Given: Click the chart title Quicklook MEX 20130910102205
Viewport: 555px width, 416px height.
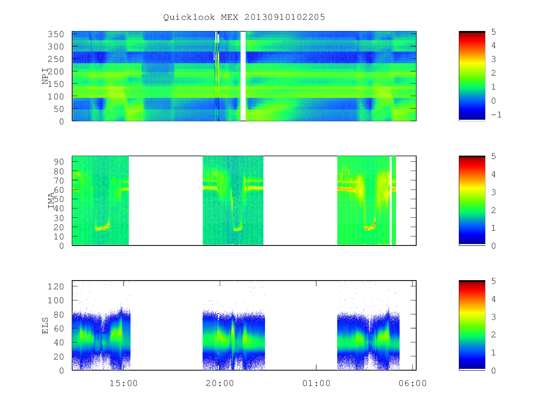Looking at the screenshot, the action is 244,17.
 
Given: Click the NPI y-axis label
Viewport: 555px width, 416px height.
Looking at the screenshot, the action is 45,76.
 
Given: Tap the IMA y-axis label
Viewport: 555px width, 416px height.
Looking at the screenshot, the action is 51,200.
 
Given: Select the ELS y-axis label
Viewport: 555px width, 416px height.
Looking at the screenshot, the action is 45,325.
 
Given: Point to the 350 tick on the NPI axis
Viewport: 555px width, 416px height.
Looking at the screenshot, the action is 56,34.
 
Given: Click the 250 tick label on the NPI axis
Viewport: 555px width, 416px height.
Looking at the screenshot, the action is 56,59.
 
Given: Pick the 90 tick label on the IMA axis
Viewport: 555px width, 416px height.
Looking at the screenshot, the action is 59,162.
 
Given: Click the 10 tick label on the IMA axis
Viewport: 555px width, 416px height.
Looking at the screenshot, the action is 59,237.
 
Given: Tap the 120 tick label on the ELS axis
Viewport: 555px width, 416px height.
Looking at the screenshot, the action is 56,287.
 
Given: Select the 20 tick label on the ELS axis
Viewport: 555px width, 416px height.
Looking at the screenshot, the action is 59,357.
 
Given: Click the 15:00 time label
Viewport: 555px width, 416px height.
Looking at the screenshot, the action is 123,383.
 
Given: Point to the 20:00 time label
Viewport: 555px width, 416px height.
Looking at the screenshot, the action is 220,383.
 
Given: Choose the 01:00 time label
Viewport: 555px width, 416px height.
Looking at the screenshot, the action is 316,383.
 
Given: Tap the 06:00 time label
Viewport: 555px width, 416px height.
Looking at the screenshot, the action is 413,383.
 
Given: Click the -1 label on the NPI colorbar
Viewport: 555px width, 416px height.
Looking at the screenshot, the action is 496,115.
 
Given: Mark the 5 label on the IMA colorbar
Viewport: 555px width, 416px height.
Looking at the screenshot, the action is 493,156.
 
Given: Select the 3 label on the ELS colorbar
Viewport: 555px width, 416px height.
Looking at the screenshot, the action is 493,317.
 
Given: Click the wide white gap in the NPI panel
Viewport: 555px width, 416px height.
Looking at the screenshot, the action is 243,76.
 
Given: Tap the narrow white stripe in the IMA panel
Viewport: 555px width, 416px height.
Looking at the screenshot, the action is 391,200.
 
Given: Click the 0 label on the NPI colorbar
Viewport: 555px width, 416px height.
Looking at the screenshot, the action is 493,101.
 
